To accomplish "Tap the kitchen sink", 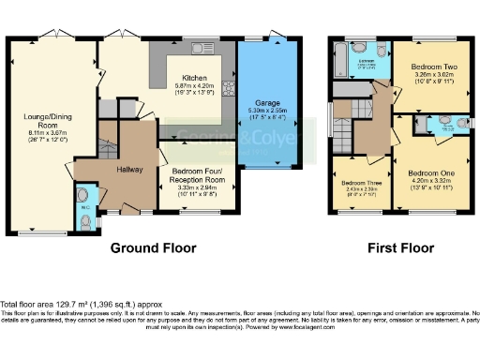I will click(200, 48).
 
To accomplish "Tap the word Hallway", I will click(129, 170).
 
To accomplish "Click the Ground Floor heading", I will click(153, 248).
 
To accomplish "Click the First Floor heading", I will click(397, 248).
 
